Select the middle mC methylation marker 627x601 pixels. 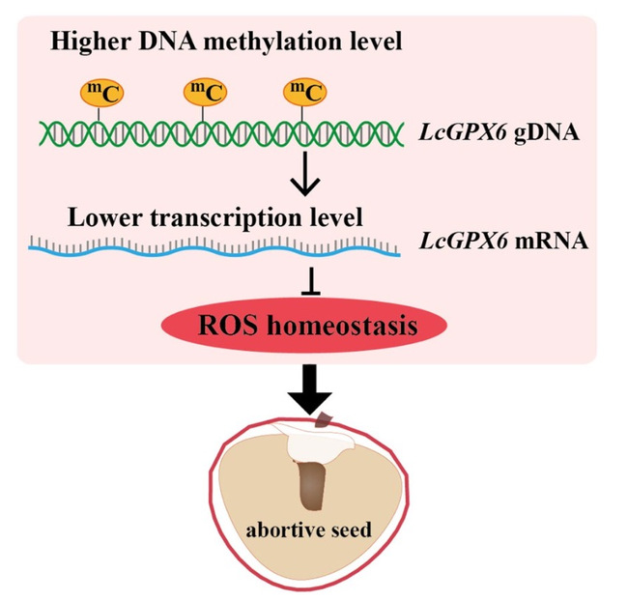point(205,95)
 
